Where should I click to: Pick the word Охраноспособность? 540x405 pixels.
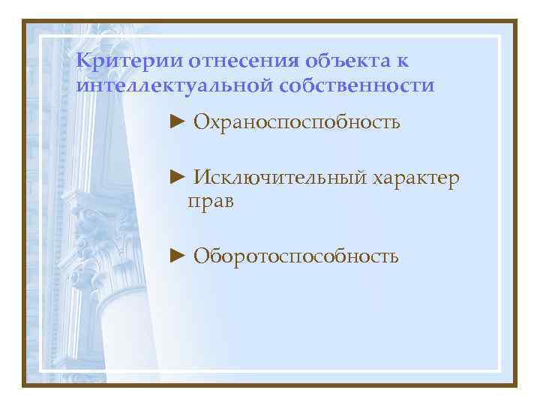coord(296,121)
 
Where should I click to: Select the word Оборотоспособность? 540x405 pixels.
coord(295,256)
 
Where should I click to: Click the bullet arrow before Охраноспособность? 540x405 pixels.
coord(177,120)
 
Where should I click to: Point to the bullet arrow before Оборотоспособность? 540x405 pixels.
coord(177,256)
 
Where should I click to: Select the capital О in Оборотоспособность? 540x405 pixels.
coord(200,256)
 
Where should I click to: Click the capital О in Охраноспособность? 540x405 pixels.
coord(200,121)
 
